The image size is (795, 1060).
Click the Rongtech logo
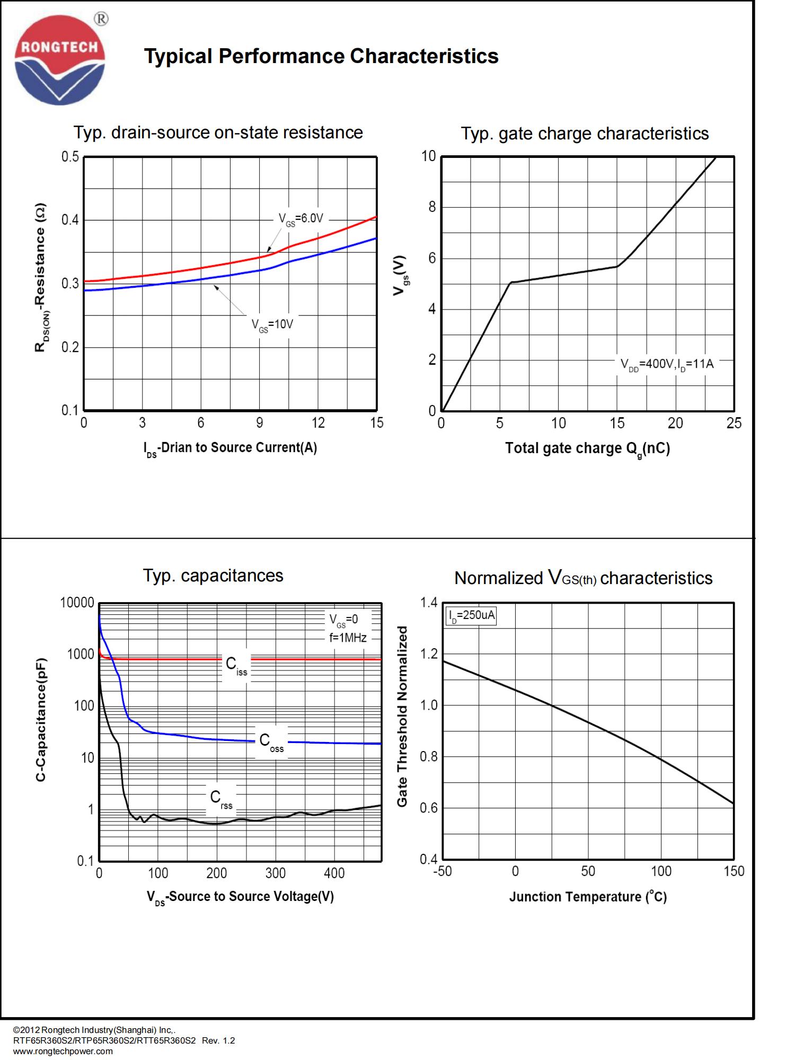click(x=60, y=60)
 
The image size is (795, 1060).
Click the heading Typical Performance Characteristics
click(x=321, y=56)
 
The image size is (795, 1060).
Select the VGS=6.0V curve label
click(x=301, y=218)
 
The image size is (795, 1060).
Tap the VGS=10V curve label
click(x=272, y=324)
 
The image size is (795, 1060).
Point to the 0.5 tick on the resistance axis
click(x=70, y=157)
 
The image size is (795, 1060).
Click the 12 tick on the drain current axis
click(x=318, y=423)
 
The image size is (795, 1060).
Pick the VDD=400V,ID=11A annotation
click(x=667, y=364)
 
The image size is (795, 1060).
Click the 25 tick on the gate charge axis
click(x=734, y=423)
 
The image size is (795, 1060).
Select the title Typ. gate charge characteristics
click(x=585, y=134)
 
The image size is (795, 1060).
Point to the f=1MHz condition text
click(x=348, y=638)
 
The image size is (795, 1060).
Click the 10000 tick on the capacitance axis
click(x=77, y=603)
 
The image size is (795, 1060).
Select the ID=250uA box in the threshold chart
click(x=472, y=615)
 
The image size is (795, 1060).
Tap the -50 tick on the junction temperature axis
click(x=443, y=871)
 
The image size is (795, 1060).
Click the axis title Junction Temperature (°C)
click(x=588, y=897)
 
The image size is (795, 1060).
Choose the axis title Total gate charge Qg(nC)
click(x=587, y=449)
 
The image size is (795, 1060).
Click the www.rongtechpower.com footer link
click(x=63, y=1052)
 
